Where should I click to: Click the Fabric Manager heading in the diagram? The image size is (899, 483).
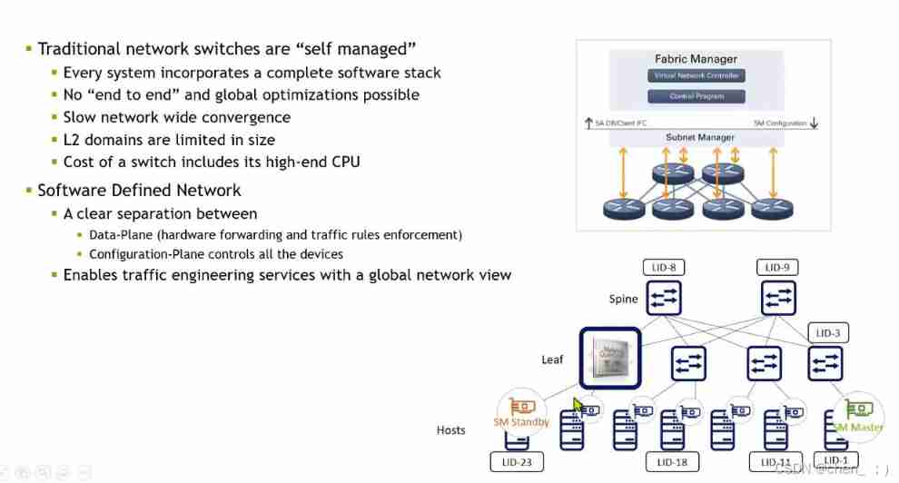697,59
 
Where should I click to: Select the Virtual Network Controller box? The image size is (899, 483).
697,75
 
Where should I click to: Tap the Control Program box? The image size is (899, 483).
697,96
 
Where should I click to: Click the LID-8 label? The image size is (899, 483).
663,268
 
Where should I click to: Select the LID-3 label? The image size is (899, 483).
828,333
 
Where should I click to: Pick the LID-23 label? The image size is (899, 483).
516,462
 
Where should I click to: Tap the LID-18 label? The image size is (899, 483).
672,462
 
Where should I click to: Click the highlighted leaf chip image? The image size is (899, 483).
610,358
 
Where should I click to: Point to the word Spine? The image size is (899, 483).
623,299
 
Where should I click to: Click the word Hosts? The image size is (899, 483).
450,429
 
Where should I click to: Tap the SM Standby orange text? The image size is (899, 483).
521,422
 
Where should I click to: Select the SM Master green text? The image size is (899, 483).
857,427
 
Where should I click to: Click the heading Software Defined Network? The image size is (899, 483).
139,190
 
